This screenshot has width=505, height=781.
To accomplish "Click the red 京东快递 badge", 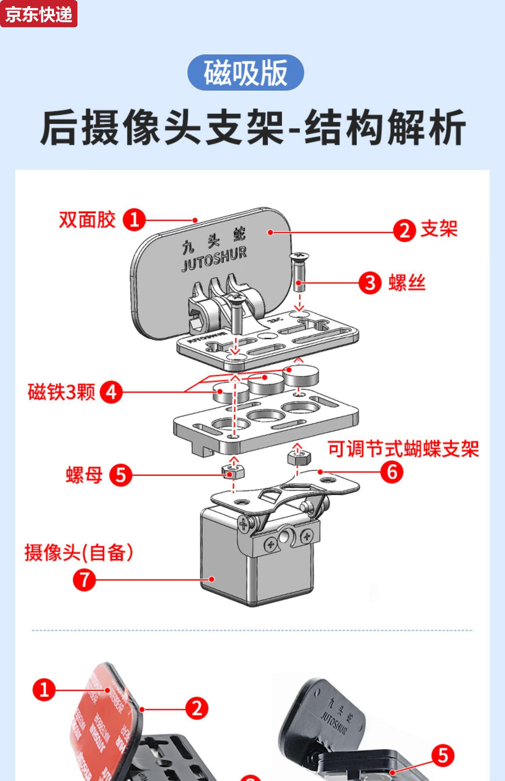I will (x=39, y=14).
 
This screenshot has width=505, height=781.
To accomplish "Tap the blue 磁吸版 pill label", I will (x=245, y=72).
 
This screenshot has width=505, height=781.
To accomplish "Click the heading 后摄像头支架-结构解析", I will (x=252, y=127).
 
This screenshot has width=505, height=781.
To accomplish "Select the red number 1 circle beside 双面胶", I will (x=134, y=220).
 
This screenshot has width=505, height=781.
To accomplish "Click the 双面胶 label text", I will (x=87, y=220).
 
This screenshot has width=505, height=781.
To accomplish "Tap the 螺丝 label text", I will (x=407, y=283).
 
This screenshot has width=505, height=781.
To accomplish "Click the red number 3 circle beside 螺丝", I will (x=370, y=283).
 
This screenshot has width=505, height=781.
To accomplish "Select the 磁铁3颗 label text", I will (x=62, y=392).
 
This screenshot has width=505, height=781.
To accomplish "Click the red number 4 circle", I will (x=111, y=392).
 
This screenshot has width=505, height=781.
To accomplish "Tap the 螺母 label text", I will (x=84, y=475).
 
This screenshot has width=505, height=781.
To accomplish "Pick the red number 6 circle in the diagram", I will (x=392, y=472).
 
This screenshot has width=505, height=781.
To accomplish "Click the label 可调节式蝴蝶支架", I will (x=403, y=449).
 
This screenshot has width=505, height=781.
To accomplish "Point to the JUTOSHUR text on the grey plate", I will (x=214, y=259).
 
